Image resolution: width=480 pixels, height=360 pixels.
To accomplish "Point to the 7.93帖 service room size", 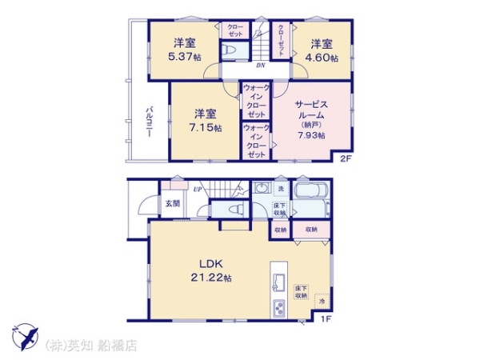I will click(312, 135).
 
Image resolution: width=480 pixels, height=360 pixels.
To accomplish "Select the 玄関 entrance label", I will click(173, 204).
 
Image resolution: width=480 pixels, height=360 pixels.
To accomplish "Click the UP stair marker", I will click(197, 189).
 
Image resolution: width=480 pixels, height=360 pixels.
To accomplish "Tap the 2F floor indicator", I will click(345, 158).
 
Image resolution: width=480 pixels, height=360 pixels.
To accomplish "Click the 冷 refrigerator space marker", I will click(320, 302).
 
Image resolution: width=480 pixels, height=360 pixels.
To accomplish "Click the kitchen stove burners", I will click(279, 308).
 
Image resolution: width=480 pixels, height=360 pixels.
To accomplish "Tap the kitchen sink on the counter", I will click(279, 281).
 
